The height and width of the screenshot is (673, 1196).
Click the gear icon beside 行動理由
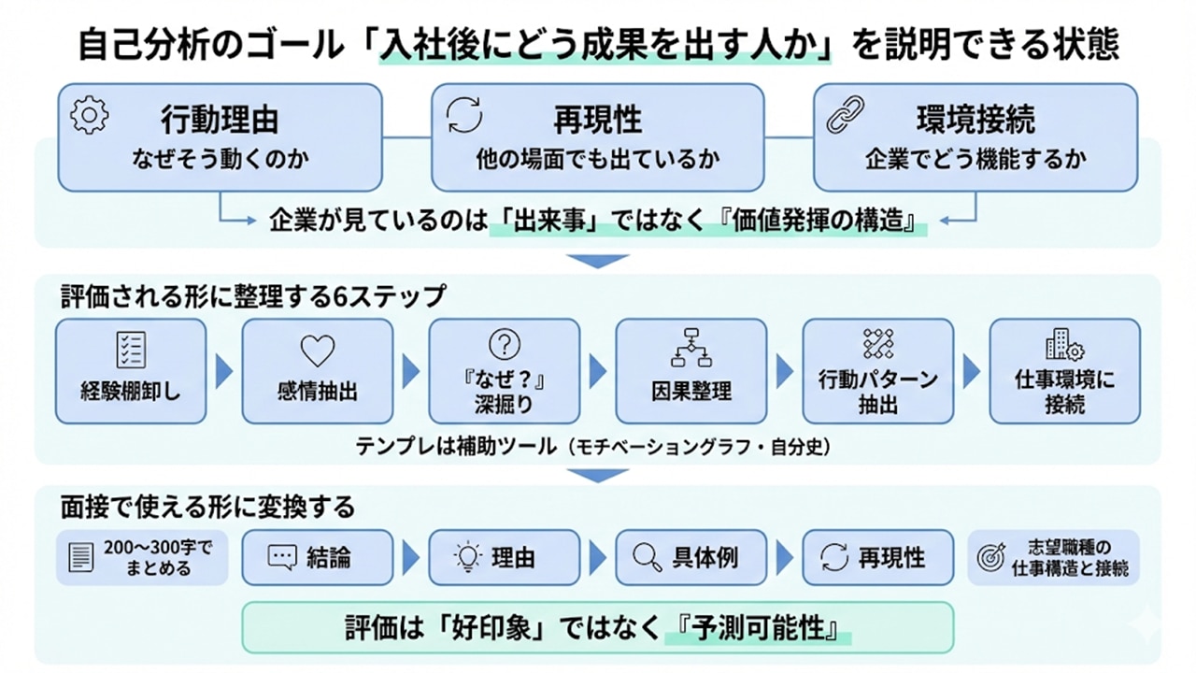[90, 115]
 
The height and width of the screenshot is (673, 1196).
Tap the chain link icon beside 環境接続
[846, 115]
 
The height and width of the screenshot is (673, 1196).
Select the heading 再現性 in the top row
[597, 120]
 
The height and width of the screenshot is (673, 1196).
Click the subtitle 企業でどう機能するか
[975, 158]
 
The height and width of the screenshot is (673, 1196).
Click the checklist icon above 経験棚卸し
[130, 350]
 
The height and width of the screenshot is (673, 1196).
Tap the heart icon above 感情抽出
[317, 351]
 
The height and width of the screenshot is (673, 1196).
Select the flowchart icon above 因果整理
[691, 347]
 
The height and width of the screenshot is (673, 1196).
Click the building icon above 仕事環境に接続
[1064, 347]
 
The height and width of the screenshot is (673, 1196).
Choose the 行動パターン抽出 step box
[877, 371]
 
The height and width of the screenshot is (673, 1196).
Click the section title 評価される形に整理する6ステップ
[253, 296]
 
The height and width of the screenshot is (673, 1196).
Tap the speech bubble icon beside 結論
[281, 558]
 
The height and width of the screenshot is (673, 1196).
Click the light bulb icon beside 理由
[466, 558]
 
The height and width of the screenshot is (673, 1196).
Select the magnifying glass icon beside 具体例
[647, 558]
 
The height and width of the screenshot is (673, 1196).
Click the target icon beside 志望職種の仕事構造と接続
[990, 558]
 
